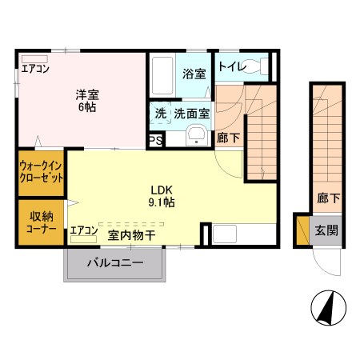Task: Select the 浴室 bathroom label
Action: (x=193, y=74)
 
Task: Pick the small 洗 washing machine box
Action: (x=160, y=114)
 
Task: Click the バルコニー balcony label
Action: (x=115, y=262)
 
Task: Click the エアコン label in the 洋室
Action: (x=34, y=69)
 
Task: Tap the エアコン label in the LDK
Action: (x=83, y=231)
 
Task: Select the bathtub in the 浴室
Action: (x=164, y=77)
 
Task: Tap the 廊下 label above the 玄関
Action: (x=325, y=197)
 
